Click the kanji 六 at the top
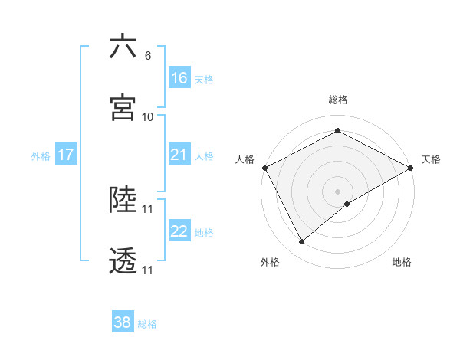(x=123, y=47)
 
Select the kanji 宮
(x=123, y=108)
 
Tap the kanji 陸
(x=123, y=200)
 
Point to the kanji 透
(x=123, y=262)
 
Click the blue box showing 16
(x=179, y=78)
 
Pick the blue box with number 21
(x=179, y=155)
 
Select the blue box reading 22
(x=179, y=232)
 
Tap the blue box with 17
(x=66, y=155)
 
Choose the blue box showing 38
(x=123, y=323)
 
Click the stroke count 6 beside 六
(x=148, y=56)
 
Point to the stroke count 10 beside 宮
(x=148, y=116)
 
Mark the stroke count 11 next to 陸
(x=148, y=208)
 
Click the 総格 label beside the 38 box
(x=148, y=324)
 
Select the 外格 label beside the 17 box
(x=41, y=156)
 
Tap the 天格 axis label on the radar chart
(x=431, y=159)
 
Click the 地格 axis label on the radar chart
(x=402, y=263)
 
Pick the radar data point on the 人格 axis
(x=264, y=167)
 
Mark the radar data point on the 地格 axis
(x=347, y=204)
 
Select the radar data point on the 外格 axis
(x=302, y=242)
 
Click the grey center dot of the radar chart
(x=337, y=191)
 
